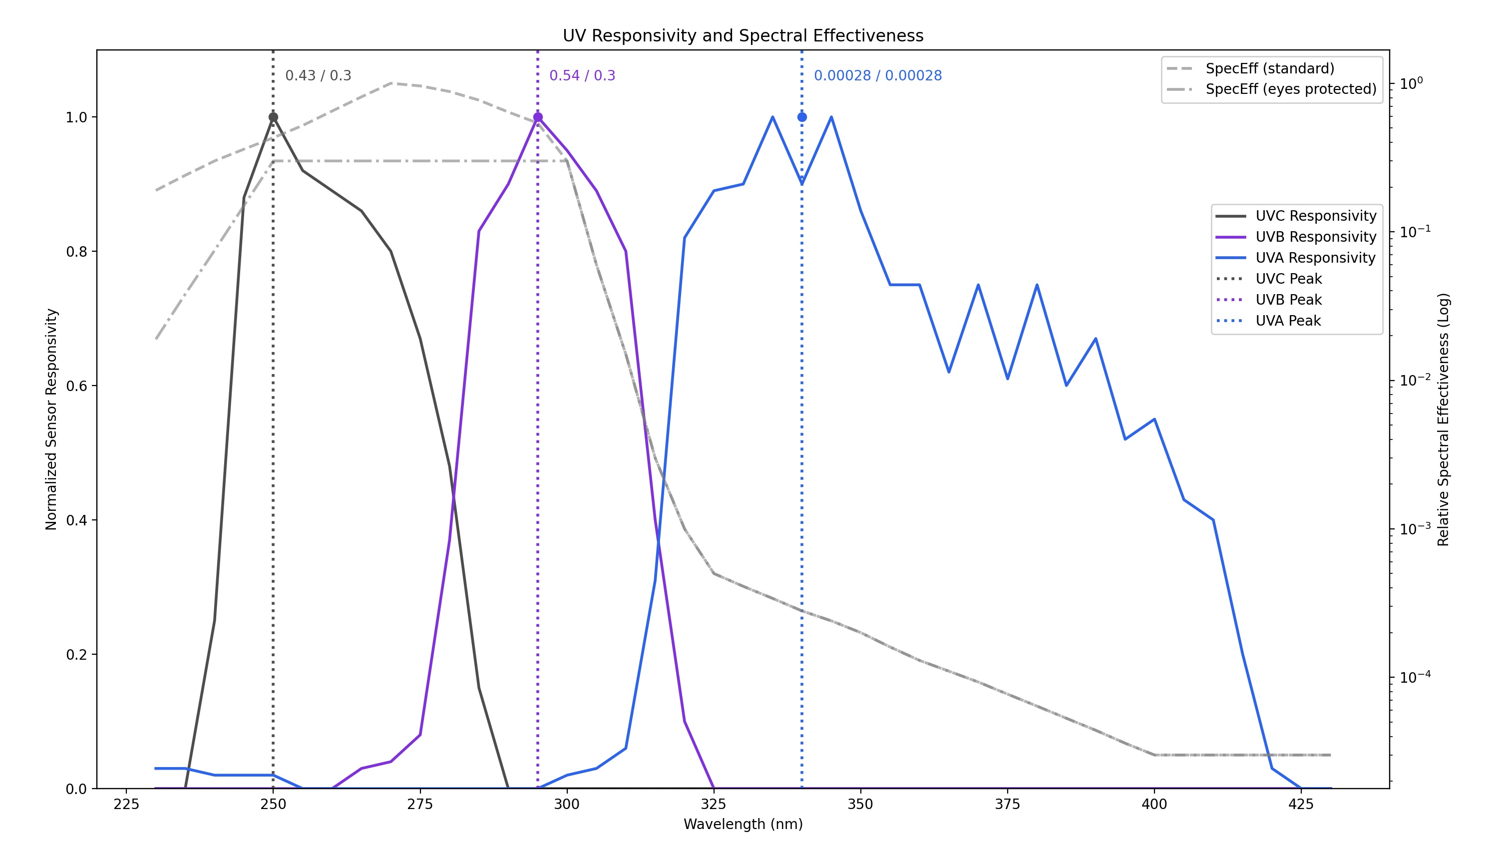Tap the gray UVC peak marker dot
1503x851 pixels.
273,117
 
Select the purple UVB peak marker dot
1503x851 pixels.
538,117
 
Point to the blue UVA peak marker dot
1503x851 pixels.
802,117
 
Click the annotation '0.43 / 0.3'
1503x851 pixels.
318,76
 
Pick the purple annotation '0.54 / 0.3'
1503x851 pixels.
582,76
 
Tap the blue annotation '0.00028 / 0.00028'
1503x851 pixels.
878,76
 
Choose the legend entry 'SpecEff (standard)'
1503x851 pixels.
1269,69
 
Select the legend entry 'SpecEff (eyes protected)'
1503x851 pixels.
1290,89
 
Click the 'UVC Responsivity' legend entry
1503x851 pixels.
1315,216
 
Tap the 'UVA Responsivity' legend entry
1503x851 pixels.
1315,258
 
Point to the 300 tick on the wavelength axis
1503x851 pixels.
567,804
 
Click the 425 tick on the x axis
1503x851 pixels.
1301,804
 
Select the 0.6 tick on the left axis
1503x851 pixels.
76,386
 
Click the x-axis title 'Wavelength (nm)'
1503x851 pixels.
743,824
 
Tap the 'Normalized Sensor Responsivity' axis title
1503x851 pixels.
51,419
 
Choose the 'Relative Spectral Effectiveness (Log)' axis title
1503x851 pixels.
1443,419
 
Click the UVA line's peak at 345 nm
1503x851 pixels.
831,117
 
